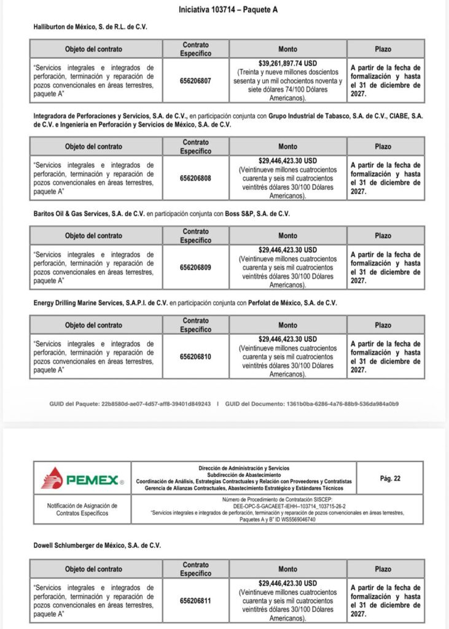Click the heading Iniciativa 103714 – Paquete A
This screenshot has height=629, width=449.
(224, 10)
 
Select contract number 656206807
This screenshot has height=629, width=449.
(195, 80)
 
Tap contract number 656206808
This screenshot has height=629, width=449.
(195, 178)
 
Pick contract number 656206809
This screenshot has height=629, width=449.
(195, 267)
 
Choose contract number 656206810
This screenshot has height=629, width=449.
(195, 356)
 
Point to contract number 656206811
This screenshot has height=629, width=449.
(195, 601)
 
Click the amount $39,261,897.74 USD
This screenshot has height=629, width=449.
(287, 63)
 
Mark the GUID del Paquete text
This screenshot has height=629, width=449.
(130, 404)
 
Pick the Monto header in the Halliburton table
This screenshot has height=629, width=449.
(287, 49)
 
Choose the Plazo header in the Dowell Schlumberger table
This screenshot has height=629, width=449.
(383, 569)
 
